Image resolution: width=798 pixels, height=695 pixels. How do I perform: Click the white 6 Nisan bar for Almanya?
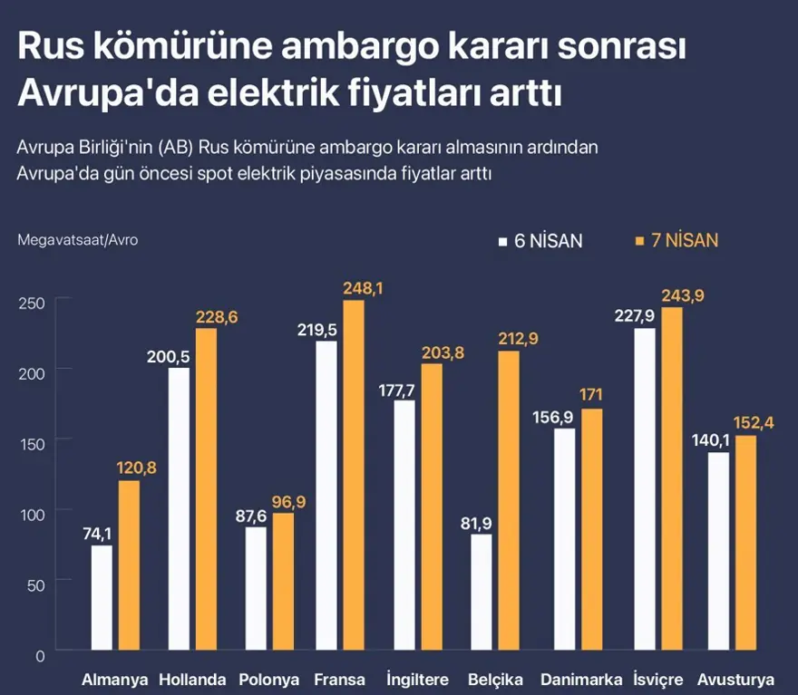coord(102,597)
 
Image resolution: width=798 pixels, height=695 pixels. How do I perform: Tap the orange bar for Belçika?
coord(509,500)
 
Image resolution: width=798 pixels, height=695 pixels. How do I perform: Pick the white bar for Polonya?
coord(256,589)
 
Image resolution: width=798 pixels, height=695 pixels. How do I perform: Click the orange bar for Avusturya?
coord(745,543)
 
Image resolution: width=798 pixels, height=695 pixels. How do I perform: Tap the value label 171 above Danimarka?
coord(591,395)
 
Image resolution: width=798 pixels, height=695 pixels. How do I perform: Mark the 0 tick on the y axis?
coord(39,654)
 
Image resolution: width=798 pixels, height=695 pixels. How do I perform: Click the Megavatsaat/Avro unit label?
coord(77,240)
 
